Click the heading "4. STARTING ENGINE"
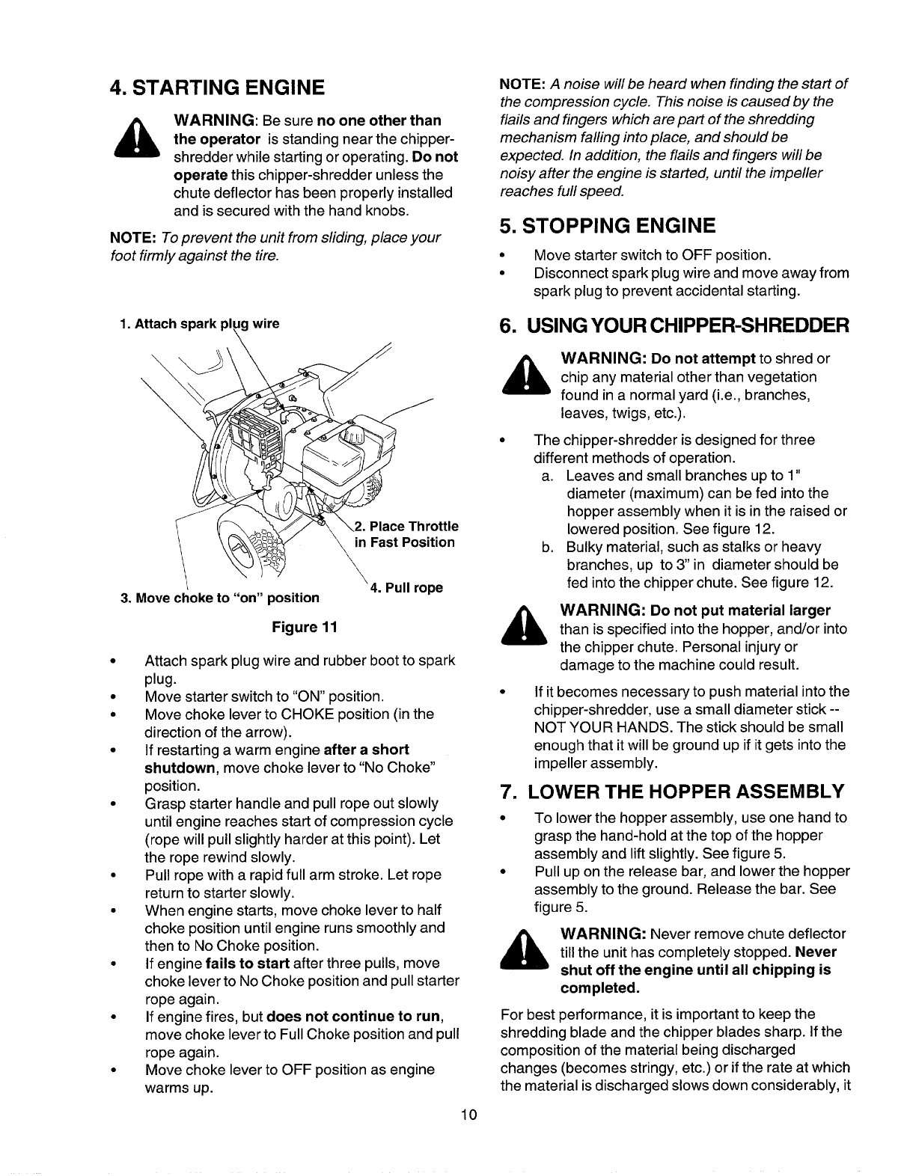click(217, 88)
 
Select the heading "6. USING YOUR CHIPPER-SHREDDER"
click(674, 326)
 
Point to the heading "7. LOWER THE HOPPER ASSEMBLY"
click(672, 791)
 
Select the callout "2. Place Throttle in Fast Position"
click(404, 534)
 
